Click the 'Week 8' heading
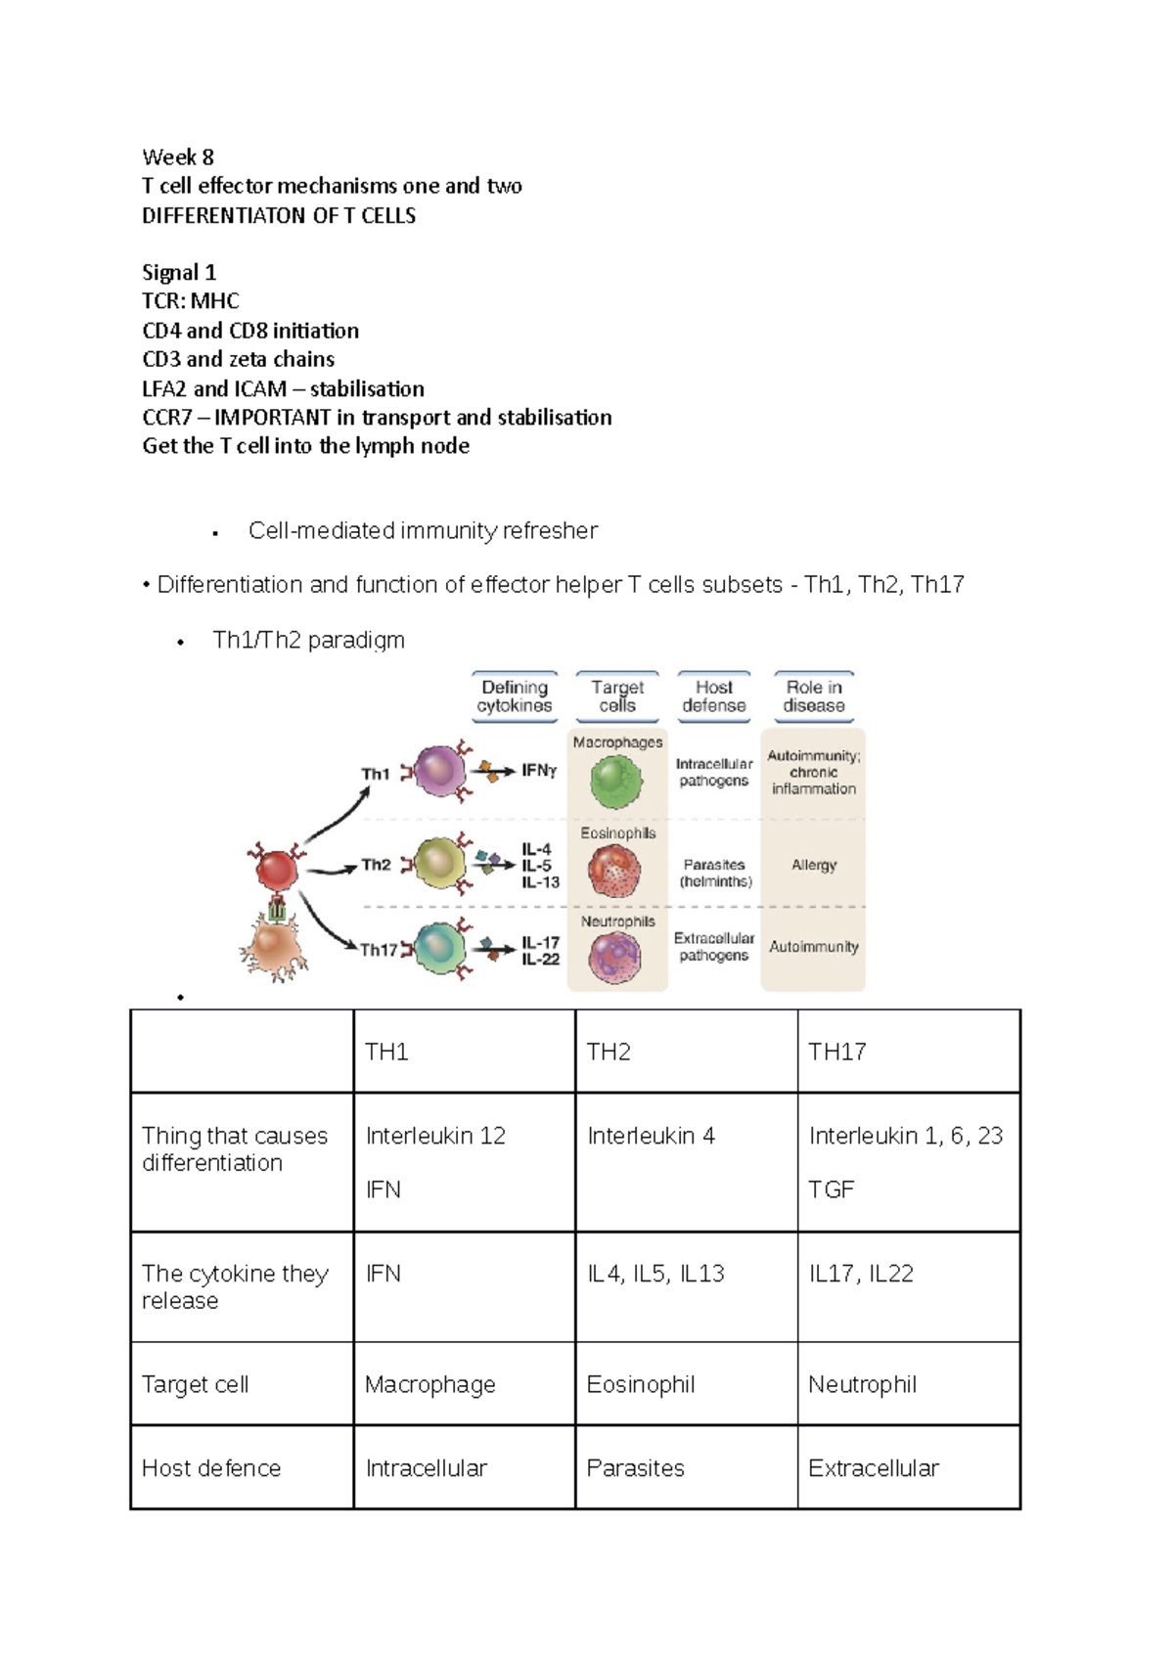(177, 157)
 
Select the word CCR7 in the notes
(167, 418)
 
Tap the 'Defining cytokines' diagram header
(515, 696)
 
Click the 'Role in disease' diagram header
(813, 696)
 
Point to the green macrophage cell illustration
(616, 782)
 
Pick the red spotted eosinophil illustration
(615, 870)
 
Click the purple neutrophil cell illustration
(614, 956)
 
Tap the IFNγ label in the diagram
(539, 771)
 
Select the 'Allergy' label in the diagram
(814, 865)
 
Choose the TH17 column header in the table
(836, 1053)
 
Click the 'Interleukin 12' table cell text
(435, 1136)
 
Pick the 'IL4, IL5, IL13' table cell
(655, 1274)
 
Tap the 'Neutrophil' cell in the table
(862, 1385)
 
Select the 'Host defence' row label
(211, 1468)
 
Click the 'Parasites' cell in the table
(635, 1468)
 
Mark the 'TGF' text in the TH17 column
(831, 1190)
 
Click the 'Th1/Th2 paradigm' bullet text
(308, 641)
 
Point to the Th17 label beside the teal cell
(379, 950)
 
